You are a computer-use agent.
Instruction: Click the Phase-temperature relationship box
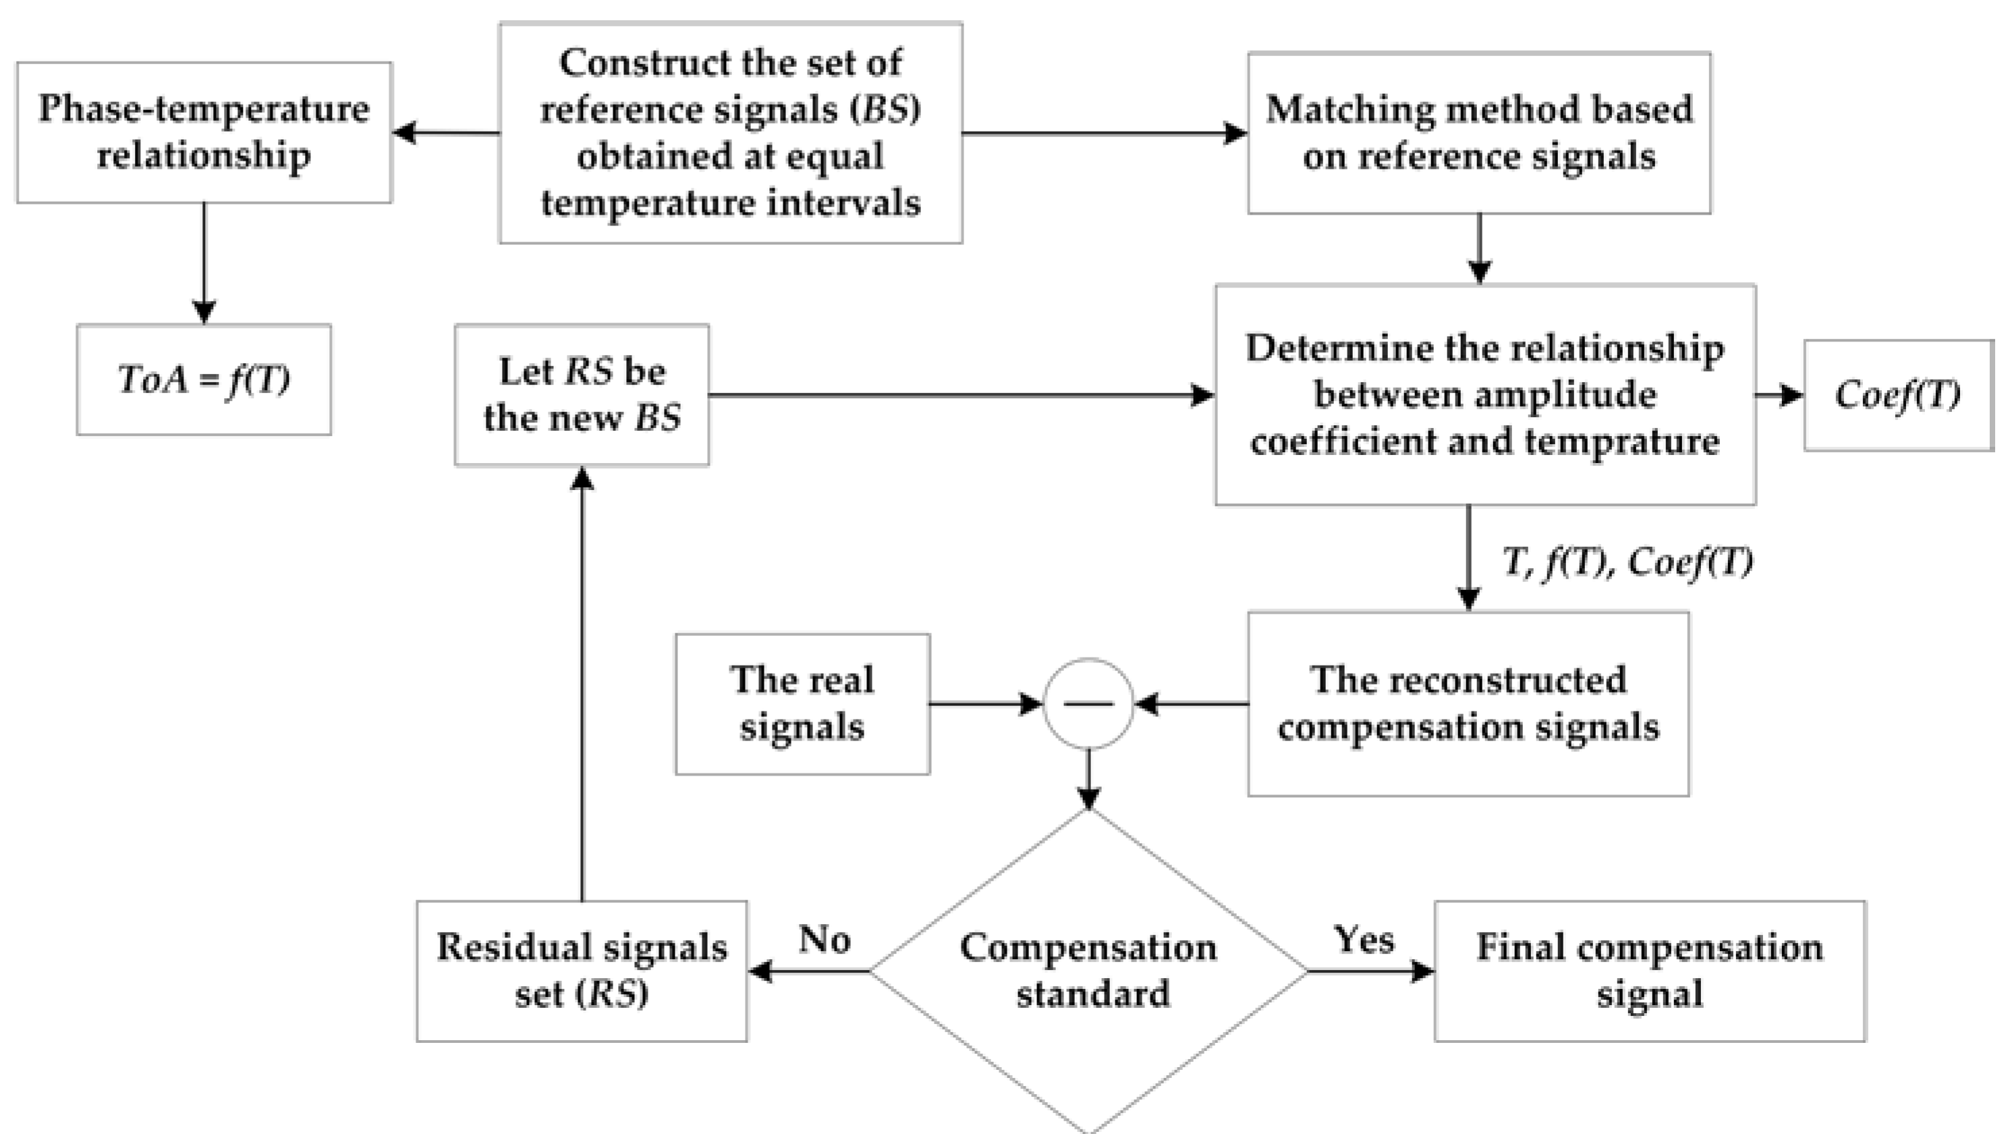(204, 133)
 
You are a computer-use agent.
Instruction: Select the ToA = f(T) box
(204, 380)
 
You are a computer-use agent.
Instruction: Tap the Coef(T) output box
(1897, 395)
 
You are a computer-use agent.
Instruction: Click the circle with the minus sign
(1088, 704)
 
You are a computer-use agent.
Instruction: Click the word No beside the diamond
(825, 940)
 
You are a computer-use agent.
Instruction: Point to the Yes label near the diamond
(1364, 940)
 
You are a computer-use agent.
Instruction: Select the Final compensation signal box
(1650, 971)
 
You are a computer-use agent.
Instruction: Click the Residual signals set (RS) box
(582, 971)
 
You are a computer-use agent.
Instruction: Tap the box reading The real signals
(802, 704)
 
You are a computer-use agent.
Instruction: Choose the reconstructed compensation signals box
(1468, 704)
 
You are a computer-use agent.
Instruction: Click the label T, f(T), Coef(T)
(1627, 562)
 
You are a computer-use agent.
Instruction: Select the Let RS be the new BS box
(582, 395)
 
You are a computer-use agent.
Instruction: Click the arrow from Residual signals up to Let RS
(582, 686)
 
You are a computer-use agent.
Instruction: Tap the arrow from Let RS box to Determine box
(959, 396)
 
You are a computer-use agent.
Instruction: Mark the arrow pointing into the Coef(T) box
(1779, 395)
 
